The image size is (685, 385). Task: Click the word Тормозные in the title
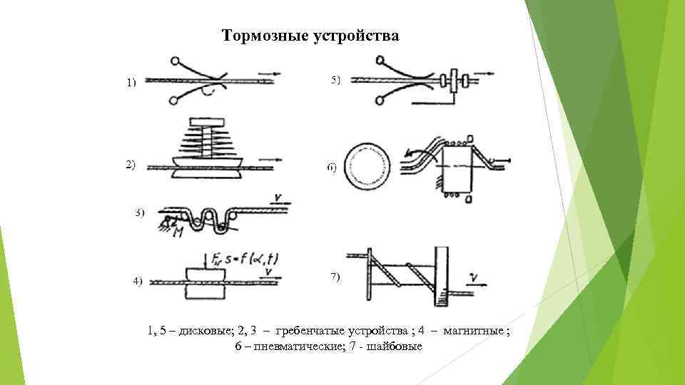[x=265, y=36]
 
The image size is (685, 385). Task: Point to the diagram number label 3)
[x=140, y=212]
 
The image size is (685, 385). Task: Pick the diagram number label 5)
[x=335, y=79]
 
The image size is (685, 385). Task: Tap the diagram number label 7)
[x=335, y=277]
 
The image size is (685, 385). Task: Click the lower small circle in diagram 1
[x=173, y=101]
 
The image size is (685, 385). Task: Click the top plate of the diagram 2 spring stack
[x=208, y=120]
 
